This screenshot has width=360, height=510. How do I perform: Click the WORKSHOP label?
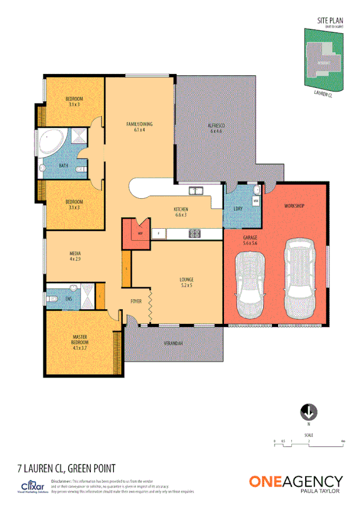coord(294,206)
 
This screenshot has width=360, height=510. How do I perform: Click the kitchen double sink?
coord(196,191)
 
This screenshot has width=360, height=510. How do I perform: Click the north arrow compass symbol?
coord(308,412)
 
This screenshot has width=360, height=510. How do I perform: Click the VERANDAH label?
coord(173,343)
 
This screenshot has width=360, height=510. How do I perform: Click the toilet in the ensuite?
coord(52,299)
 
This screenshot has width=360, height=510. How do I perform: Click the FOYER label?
coord(136,301)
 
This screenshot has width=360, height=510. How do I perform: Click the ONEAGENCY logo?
coord(296,482)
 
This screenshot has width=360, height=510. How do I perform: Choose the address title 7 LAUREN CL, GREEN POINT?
coord(66,467)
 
